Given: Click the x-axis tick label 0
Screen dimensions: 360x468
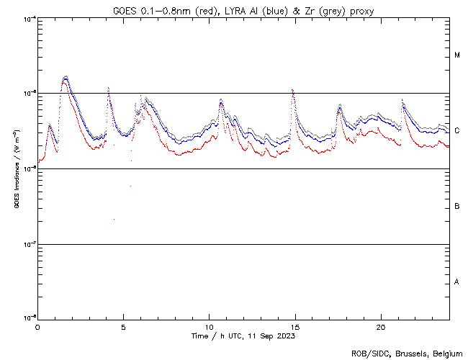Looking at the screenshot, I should tap(37, 326).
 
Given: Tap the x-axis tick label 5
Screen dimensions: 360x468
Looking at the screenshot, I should tap(123, 326).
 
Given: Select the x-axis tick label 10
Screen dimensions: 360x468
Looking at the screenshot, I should tap(209, 326).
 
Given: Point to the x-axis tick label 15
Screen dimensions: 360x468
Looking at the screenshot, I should tap(294, 326).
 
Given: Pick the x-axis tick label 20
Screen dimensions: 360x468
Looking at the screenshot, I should tap(380, 326).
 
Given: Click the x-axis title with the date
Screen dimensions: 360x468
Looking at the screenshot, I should tap(243, 336).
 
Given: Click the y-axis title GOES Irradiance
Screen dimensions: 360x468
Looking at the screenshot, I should tap(15, 170).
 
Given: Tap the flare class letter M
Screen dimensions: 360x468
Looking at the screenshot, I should tap(457, 55).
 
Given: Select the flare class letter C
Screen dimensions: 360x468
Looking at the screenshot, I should tap(457, 131).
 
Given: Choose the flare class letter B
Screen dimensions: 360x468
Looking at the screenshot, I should tap(457, 207).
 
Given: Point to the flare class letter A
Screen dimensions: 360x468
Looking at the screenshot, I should tap(457, 282).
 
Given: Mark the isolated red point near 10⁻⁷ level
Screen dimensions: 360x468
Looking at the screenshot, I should tap(114, 220).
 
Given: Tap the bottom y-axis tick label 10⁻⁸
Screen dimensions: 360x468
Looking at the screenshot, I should tap(28, 318).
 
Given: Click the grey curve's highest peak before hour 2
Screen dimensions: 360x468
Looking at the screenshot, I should tap(66, 76).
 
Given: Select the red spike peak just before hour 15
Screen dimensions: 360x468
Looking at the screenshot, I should tap(292, 90).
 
